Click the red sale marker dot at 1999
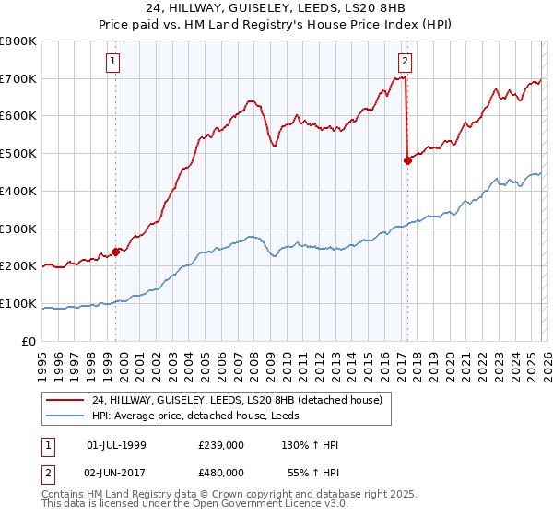(x=116, y=251)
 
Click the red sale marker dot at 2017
(x=407, y=160)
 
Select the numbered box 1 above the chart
(x=112, y=62)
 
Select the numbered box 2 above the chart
(x=405, y=62)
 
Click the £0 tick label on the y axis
(x=29, y=341)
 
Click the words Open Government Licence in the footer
(x=267, y=506)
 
